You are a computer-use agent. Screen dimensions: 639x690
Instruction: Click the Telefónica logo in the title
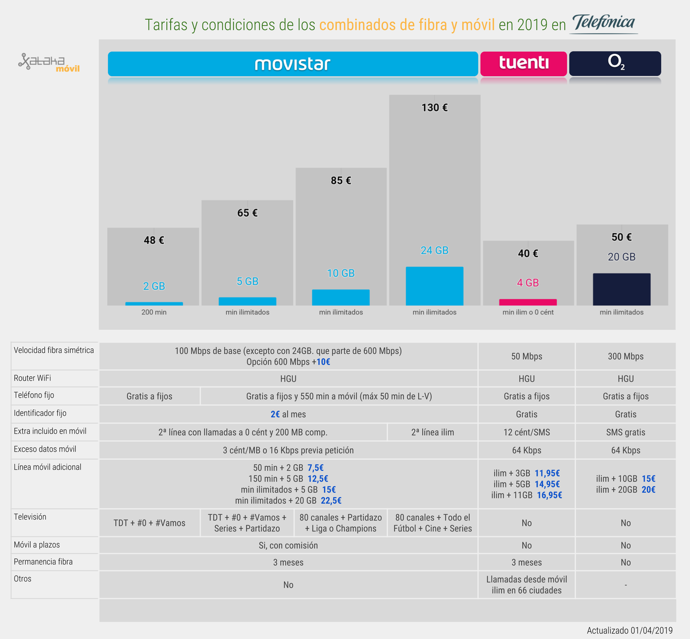(604, 23)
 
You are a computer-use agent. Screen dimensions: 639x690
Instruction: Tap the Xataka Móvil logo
(49, 63)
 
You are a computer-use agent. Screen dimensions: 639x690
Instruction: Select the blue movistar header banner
(292, 64)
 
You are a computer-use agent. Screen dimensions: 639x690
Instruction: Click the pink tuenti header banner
(523, 64)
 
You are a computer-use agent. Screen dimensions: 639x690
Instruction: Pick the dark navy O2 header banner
(615, 64)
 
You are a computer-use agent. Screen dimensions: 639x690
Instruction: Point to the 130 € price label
(434, 108)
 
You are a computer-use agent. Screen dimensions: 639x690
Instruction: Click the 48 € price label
(154, 240)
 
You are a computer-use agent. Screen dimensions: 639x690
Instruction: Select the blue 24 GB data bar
(434, 286)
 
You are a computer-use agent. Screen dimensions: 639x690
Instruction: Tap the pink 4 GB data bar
(528, 302)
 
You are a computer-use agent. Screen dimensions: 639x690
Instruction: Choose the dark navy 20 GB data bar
(621, 289)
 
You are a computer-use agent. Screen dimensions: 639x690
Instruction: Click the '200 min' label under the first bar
(154, 312)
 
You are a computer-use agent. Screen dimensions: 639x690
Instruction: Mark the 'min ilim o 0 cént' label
(528, 312)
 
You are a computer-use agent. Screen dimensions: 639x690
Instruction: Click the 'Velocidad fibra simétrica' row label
(54, 350)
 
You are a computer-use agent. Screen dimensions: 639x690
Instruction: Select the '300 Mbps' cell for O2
(625, 356)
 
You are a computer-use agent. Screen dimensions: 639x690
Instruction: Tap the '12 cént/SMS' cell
(526, 432)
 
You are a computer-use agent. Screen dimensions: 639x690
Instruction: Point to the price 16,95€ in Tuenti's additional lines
(549, 495)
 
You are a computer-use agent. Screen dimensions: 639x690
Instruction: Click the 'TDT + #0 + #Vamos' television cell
(150, 523)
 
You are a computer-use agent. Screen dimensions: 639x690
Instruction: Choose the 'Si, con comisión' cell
(288, 545)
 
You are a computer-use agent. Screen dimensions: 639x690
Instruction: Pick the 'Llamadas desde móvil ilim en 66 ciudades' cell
(526, 584)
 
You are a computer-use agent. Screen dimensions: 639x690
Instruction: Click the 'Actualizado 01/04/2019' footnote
(629, 630)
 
